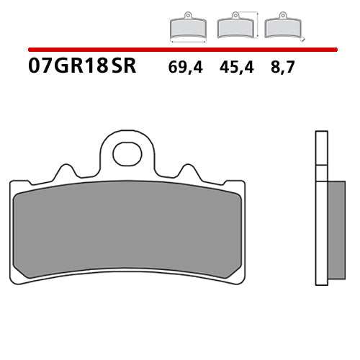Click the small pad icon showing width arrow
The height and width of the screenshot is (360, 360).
click(186, 27)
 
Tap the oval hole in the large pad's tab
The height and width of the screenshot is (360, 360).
click(127, 153)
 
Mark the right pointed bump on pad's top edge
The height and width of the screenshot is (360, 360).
click(190, 173)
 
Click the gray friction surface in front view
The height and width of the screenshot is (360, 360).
click(127, 230)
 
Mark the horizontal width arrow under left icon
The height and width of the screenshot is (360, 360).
click(186, 42)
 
